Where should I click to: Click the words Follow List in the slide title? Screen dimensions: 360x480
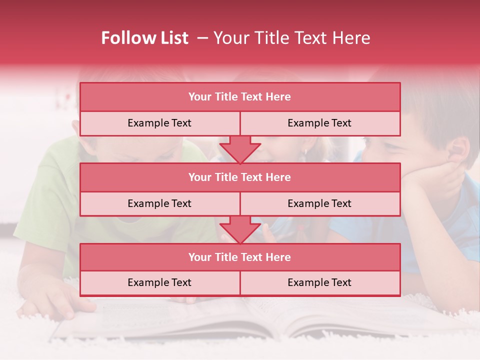[x=144, y=38]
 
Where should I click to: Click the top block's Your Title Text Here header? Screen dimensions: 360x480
[x=239, y=97]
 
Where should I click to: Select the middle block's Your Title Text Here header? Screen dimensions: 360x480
[x=239, y=177]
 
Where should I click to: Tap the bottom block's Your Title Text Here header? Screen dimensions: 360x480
[x=239, y=257]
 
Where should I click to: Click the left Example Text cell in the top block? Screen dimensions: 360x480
[x=159, y=123]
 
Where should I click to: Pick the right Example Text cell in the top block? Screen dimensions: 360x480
[x=319, y=123]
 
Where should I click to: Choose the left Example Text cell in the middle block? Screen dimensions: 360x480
[x=159, y=203]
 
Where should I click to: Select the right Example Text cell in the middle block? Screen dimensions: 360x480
[x=319, y=203]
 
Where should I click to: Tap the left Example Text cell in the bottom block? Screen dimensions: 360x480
[x=159, y=282]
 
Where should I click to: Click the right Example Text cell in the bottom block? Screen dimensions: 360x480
[x=319, y=282]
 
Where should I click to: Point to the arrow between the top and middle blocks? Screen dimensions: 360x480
[x=240, y=149]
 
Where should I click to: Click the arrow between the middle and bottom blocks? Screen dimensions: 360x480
[x=240, y=229]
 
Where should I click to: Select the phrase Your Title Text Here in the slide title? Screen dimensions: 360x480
[x=291, y=38]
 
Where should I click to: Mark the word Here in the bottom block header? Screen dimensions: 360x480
[x=278, y=257]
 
